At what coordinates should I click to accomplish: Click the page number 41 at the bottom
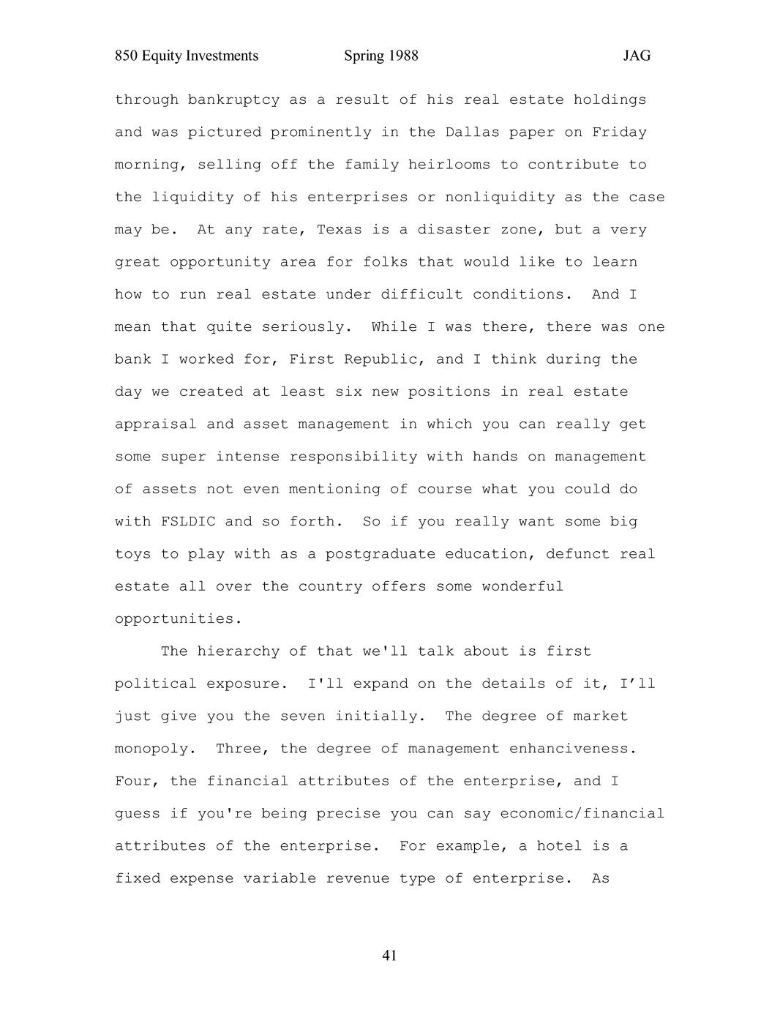pyautogui.click(x=389, y=955)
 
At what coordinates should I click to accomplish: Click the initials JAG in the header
pyautogui.click(x=637, y=56)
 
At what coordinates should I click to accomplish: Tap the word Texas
pyautogui.click(x=339, y=230)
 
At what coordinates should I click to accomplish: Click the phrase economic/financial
pyautogui.click(x=582, y=814)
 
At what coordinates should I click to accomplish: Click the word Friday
pyautogui.click(x=619, y=132)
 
